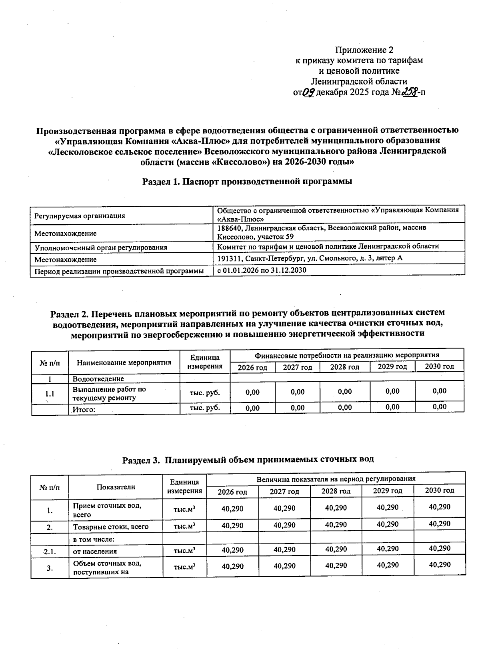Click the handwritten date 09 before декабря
coord(308,93)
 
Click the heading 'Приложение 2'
coord(364,50)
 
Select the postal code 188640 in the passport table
coord(229,228)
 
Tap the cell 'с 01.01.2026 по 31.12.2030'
coord(262,270)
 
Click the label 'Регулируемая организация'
coord(80,216)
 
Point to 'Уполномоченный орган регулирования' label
coord(101,248)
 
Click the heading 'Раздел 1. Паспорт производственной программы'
coord(247,181)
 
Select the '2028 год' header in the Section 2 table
coord(344,367)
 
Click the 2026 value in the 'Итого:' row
coord(252,408)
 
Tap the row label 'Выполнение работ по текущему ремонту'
coord(109,394)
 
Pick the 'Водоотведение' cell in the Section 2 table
coord(98,379)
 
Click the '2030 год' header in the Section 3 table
coord(439,491)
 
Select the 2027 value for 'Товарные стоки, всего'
coord(284,525)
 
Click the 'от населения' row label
coord(95,551)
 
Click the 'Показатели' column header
coord(116,487)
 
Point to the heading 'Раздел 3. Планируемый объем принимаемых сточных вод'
coord(248,459)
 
